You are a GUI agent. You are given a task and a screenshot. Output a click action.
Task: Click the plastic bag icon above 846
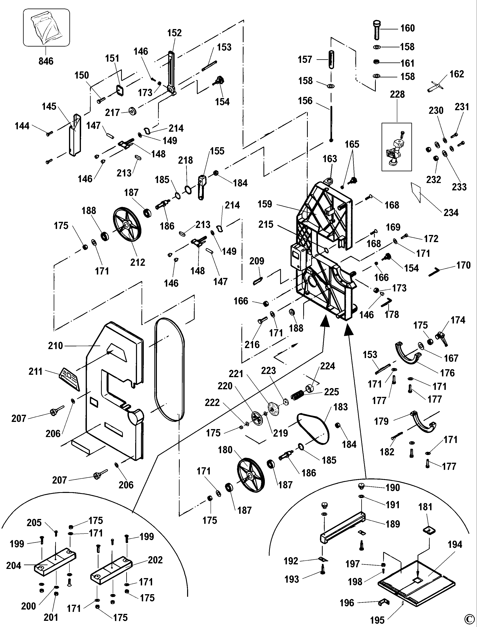tap(46, 27)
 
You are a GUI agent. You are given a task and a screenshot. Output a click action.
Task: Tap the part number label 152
tap(174, 33)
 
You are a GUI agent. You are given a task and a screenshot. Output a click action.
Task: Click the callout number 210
tap(55, 346)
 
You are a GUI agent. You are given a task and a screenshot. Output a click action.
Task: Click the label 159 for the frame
tap(265, 204)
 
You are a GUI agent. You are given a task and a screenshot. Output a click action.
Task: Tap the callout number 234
tap(451, 212)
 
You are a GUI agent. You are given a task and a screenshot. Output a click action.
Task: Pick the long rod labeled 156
tap(331, 124)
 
